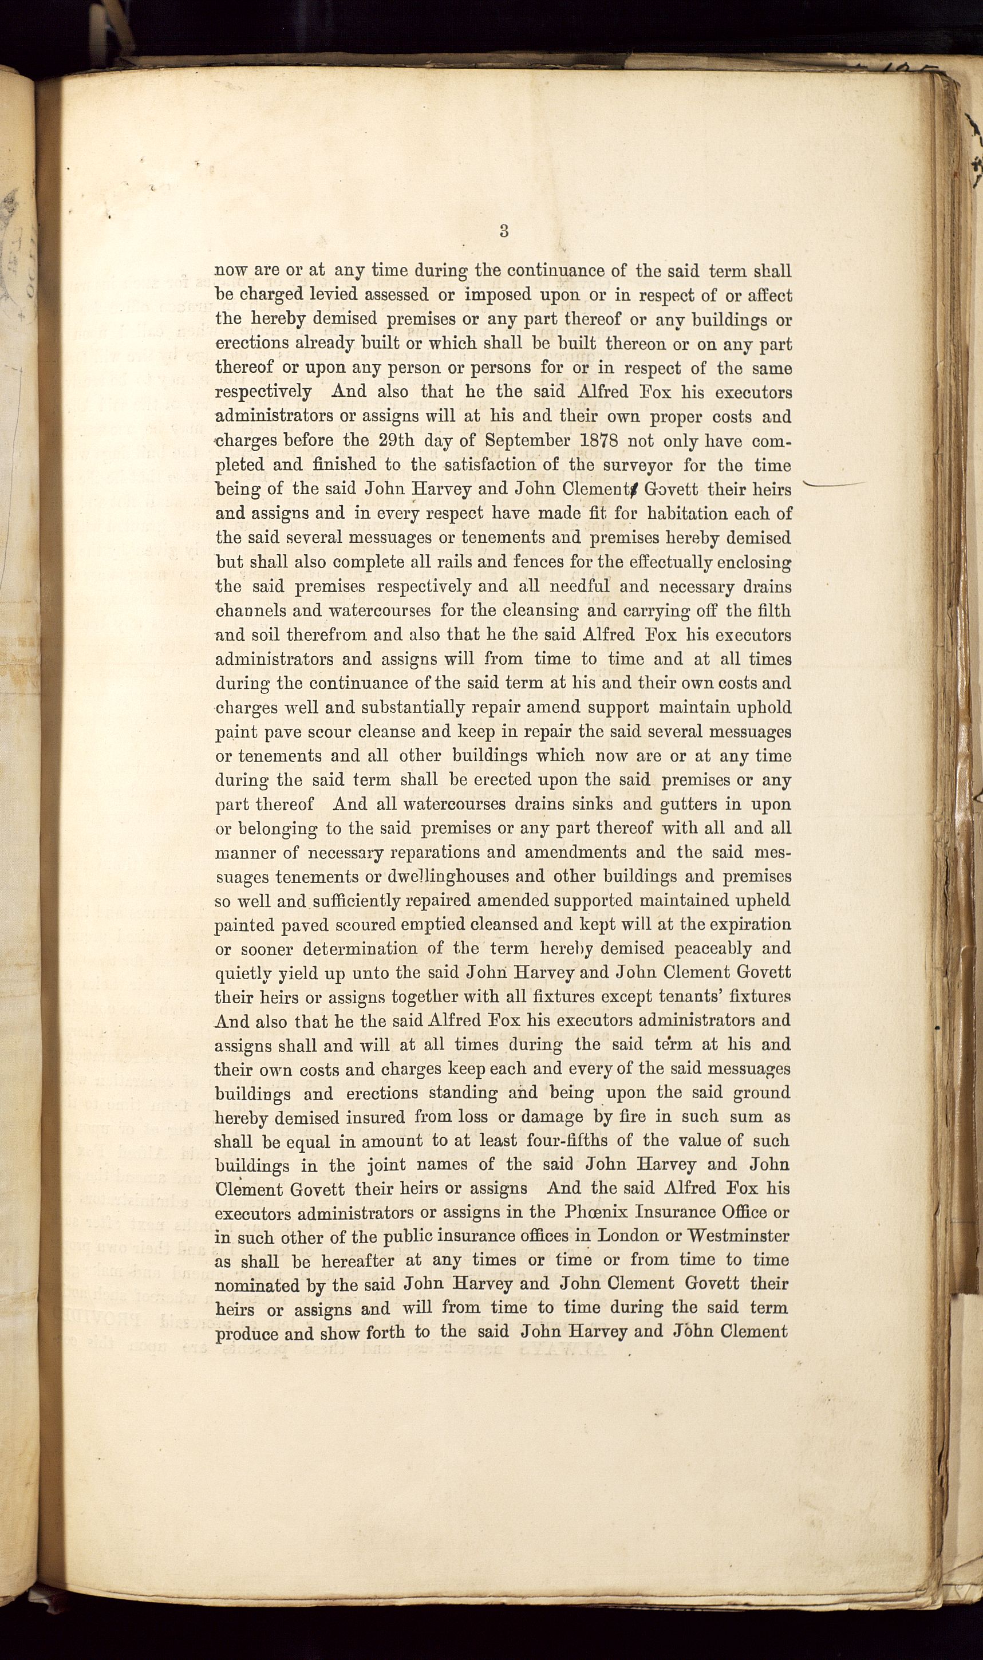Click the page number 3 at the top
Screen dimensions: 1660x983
pos(504,231)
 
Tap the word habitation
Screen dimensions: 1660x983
pos(680,514)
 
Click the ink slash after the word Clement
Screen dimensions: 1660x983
pos(634,490)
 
